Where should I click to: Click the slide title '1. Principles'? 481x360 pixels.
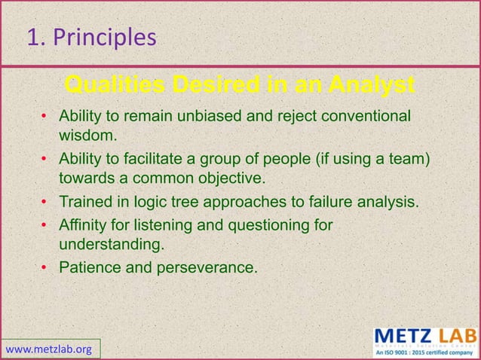point(91,37)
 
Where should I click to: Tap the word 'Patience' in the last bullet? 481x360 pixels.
point(88,267)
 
